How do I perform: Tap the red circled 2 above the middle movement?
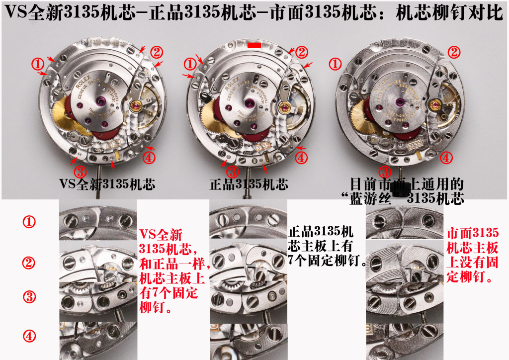click(x=302, y=51)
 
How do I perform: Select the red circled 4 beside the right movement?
click(x=447, y=158)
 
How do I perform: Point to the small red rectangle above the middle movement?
click(x=254, y=45)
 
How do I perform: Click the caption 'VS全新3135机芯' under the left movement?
click(x=107, y=184)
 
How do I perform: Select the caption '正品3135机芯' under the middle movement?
click(x=249, y=184)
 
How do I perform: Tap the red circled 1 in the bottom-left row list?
click(x=30, y=222)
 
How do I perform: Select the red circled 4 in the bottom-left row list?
click(x=30, y=337)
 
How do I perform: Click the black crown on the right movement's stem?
click(x=397, y=189)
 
